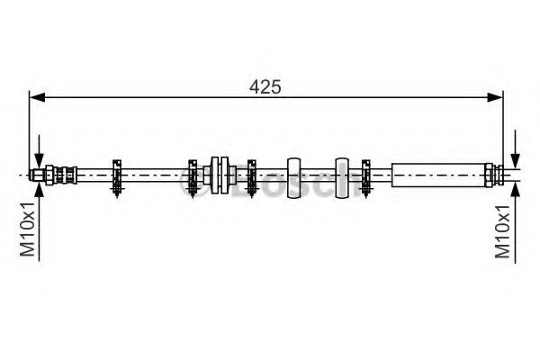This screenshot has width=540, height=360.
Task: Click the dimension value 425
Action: pos(265,86)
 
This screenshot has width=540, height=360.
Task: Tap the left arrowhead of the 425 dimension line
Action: pos(38,98)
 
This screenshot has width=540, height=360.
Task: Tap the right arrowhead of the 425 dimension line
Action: pos(495,98)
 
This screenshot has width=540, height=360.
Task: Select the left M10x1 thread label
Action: pos(27,229)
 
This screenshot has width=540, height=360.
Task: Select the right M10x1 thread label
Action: pos(503,231)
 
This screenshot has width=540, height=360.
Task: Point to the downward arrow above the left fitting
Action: pos(40,152)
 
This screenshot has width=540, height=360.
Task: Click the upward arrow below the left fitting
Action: pos(40,220)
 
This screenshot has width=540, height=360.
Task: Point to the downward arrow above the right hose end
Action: pos(515,149)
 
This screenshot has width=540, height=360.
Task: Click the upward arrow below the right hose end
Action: pos(515,222)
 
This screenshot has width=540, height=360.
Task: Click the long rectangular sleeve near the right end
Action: pos(438,175)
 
